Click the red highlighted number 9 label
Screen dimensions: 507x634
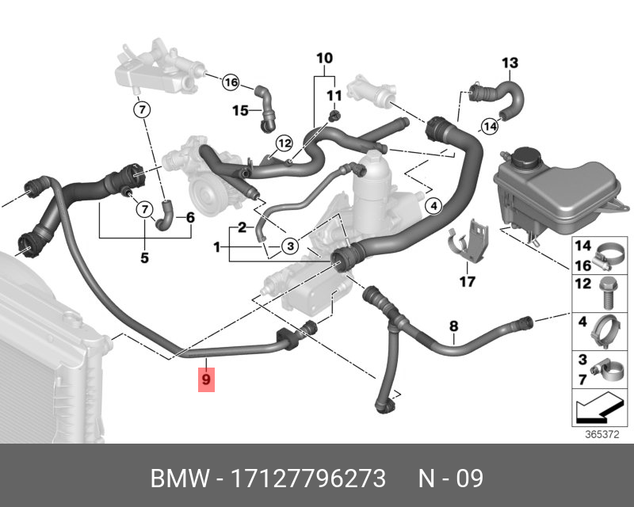[206, 379]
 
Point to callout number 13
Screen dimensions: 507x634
[510, 63]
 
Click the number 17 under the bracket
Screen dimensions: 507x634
[467, 281]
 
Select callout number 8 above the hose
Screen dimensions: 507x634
[453, 326]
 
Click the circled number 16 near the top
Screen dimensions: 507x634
[231, 82]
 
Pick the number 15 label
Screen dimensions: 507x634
[240, 109]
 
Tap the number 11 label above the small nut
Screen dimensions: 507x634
[334, 95]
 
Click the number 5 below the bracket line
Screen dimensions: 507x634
[144, 257]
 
